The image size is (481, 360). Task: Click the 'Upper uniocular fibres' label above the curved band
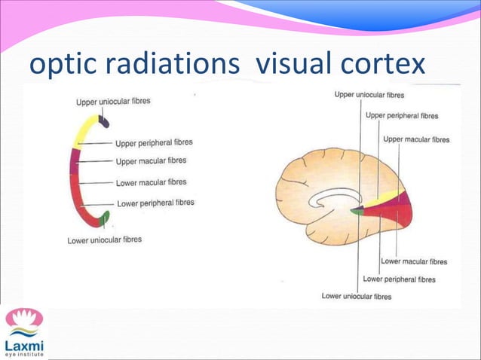pos(113,101)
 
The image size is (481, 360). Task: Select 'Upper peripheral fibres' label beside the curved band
pos(154,142)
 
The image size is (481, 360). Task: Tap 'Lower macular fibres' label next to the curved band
pos(151,182)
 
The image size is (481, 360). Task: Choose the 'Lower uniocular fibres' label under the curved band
pos(105,240)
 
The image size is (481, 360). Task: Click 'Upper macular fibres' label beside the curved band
pos(151,161)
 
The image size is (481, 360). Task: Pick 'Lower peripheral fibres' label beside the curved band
pos(155,203)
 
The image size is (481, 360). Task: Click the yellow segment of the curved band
pos(83,131)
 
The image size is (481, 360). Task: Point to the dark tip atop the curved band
pos(104,120)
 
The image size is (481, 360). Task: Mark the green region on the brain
pos(355,212)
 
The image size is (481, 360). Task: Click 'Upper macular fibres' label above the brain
pos(416,139)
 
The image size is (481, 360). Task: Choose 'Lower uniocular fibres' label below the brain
pos(357,296)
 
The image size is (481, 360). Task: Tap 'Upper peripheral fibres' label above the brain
pos(402,116)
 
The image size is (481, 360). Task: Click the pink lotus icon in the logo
pos(24,318)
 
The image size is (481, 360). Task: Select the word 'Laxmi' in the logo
pos(24,344)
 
